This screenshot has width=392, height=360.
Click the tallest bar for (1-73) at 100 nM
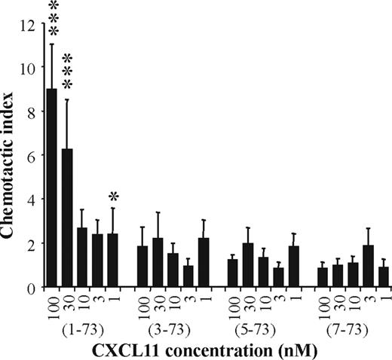[52, 188]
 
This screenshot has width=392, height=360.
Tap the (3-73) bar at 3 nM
[188, 276]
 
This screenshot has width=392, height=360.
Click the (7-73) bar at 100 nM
[323, 277]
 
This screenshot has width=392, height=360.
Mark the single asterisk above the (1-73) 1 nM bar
[113, 197]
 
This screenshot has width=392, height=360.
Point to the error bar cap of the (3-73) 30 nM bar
[158, 212]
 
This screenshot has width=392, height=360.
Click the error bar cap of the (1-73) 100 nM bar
[52, 44]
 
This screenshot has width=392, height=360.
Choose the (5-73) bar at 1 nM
[293, 267]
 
